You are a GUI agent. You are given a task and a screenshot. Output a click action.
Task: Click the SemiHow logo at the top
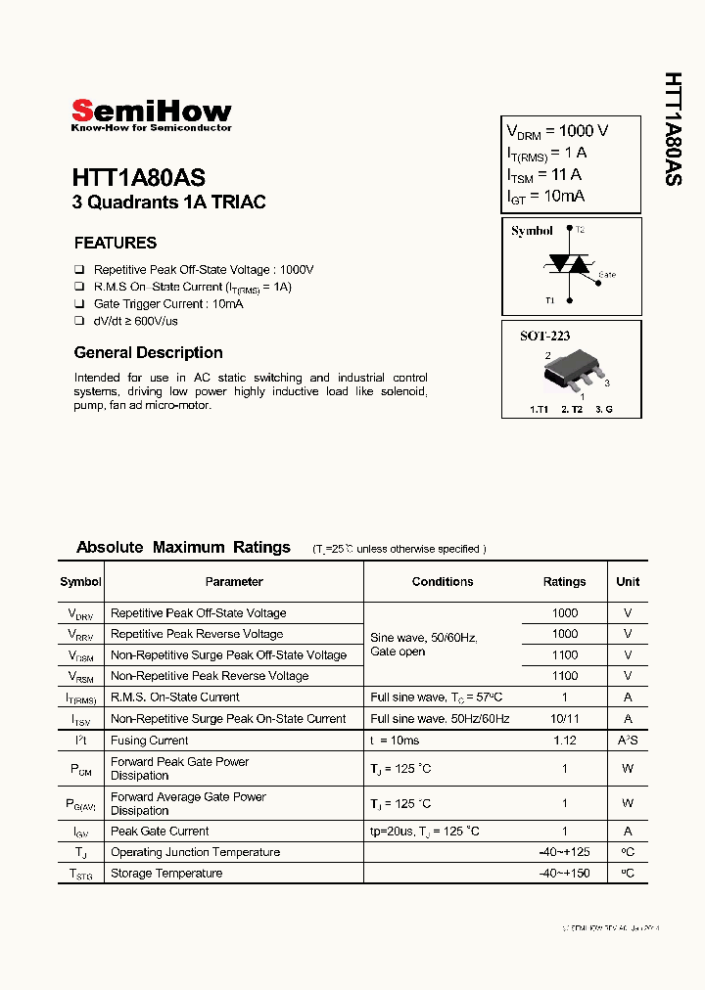(x=151, y=113)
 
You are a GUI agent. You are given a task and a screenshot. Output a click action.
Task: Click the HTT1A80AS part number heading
(x=138, y=178)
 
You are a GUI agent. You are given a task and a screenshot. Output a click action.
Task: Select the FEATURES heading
(x=116, y=243)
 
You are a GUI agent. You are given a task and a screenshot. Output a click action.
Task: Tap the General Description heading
(x=148, y=352)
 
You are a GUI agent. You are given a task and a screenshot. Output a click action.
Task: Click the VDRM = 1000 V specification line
(x=557, y=131)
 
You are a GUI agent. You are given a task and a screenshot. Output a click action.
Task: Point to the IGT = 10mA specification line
(x=545, y=197)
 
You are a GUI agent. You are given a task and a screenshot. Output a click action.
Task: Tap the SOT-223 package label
(x=544, y=336)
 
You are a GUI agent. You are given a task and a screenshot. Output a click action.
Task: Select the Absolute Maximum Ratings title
(x=183, y=547)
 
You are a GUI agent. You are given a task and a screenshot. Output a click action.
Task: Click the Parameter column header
(x=234, y=581)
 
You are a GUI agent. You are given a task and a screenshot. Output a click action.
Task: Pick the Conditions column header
(x=443, y=581)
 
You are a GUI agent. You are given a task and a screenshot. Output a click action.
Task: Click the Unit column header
(x=628, y=581)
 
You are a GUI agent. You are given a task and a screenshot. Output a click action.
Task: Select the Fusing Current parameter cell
(x=150, y=741)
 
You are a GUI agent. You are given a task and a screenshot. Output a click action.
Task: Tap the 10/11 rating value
(x=565, y=718)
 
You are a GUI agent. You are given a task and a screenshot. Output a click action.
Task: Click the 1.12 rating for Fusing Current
(x=565, y=741)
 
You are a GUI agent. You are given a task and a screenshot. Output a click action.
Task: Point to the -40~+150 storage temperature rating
(x=565, y=873)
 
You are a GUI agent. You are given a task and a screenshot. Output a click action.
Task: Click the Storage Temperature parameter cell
(x=166, y=873)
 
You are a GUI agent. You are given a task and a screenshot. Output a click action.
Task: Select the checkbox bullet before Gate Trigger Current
(x=79, y=304)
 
